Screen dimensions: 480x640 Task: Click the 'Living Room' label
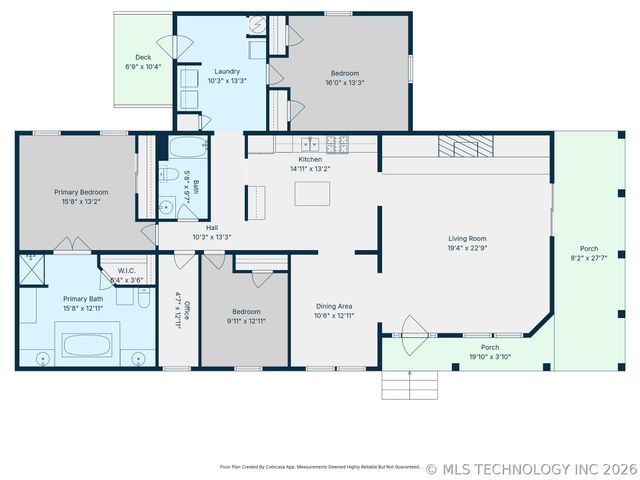coord(467,238)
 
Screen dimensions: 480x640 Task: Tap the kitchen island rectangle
coord(312,193)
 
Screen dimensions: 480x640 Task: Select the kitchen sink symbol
coord(311,144)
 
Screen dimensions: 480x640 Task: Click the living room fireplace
coord(467,146)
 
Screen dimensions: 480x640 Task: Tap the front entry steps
coord(410,384)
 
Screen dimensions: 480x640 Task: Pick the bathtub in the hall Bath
coord(187,149)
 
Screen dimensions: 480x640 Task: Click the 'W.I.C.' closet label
coord(126,270)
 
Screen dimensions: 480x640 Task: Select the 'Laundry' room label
coord(227,71)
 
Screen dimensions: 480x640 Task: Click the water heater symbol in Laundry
coord(255,24)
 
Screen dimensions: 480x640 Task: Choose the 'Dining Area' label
coord(334,306)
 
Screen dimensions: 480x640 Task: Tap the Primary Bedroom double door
coord(71,245)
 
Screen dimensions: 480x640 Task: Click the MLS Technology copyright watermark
coord(531,468)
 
